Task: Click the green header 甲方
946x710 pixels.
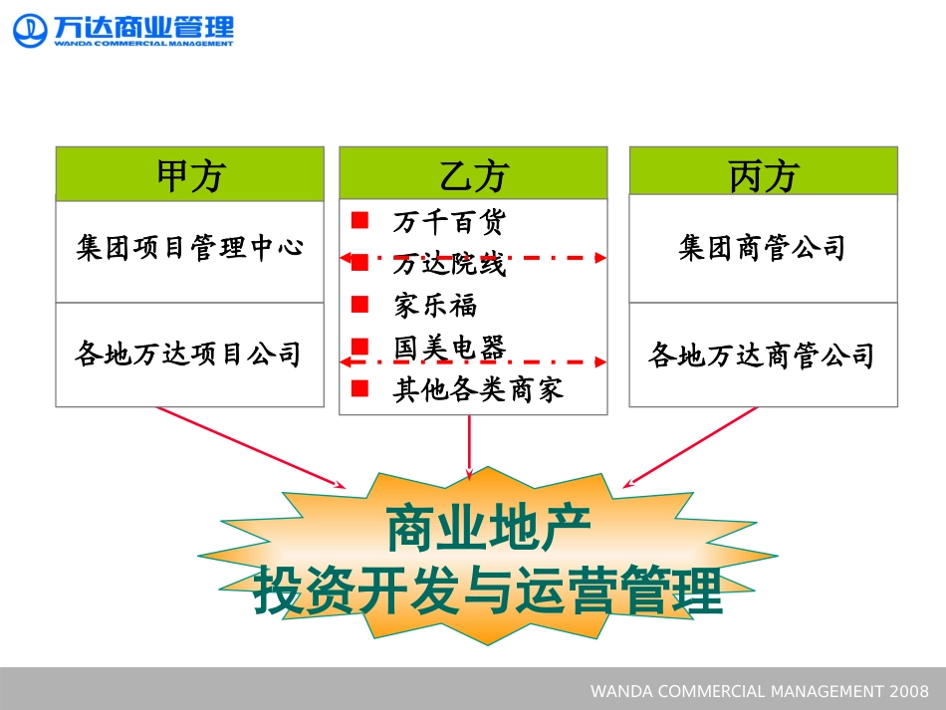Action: click(x=189, y=174)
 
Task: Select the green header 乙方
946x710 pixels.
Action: click(x=473, y=174)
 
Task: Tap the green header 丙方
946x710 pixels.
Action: click(x=763, y=174)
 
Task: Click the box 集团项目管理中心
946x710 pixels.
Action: click(x=189, y=248)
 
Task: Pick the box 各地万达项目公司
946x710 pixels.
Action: click(x=189, y=355)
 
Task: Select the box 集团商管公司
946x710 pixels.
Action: click(x=763, y=248)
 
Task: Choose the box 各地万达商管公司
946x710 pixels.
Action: click(x=763, y=355)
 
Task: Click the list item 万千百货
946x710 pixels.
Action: click(x=449, y=221)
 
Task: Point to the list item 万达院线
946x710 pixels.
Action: click(x=449, y=265)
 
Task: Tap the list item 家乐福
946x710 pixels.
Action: click(x=435, y=305)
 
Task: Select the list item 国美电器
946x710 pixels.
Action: click(x=449, y=348)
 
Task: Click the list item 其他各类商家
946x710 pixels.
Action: click(x=478, y=389)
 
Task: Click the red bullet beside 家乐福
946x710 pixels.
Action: click(x=360, y=304)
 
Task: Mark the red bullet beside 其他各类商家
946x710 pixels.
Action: click(x=360, y=388)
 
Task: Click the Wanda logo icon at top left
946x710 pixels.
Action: click(x=30, y=29)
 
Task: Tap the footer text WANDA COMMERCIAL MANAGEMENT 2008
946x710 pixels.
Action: click(x=759, y=691)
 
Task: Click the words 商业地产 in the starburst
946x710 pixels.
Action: click(x=488, y=530)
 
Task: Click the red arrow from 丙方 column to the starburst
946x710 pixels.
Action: click(x=691, y=447)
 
